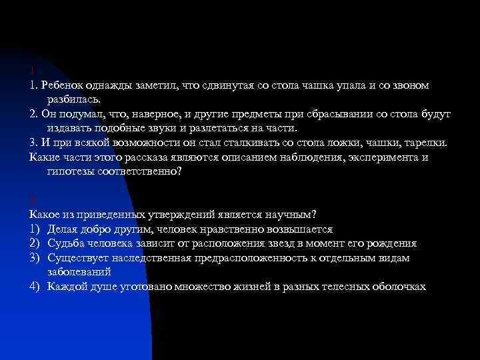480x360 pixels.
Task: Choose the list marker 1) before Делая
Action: (x=35, y=229)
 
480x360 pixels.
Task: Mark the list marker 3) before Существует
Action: (x=35, y=257)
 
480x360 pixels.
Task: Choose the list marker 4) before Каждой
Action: (x=35, y=286)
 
